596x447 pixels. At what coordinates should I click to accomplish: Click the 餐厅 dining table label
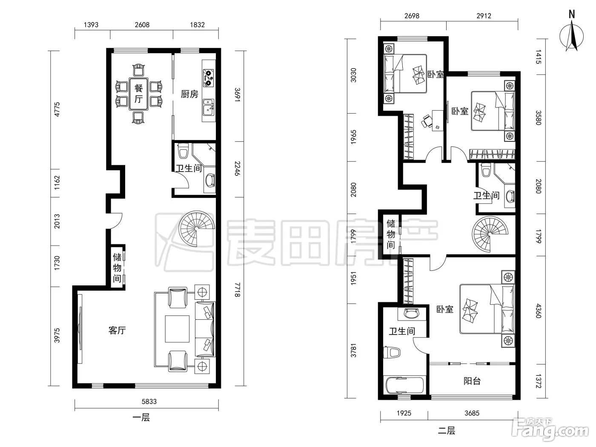(138, 94)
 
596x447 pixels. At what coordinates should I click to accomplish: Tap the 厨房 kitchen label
(189, 94)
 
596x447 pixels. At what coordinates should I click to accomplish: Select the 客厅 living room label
(117, 330)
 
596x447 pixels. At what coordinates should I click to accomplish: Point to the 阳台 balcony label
(472, 381)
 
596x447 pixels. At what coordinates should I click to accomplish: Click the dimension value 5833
(149, 401)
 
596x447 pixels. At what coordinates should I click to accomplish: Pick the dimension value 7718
(237, 289)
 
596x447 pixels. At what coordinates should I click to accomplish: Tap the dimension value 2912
(484, 16)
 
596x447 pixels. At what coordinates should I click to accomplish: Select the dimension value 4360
(539, 311)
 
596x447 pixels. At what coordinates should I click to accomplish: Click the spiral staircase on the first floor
(197, 229)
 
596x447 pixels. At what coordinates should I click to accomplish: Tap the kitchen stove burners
(209, 77)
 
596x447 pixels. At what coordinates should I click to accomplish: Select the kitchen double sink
(209, 107)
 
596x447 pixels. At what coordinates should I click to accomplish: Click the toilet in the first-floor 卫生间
(183, 151)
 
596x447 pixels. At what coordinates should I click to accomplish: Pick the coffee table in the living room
(177, 329)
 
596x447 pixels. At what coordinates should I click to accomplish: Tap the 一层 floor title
(141, 417)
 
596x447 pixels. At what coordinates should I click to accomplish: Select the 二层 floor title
(447, 430)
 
